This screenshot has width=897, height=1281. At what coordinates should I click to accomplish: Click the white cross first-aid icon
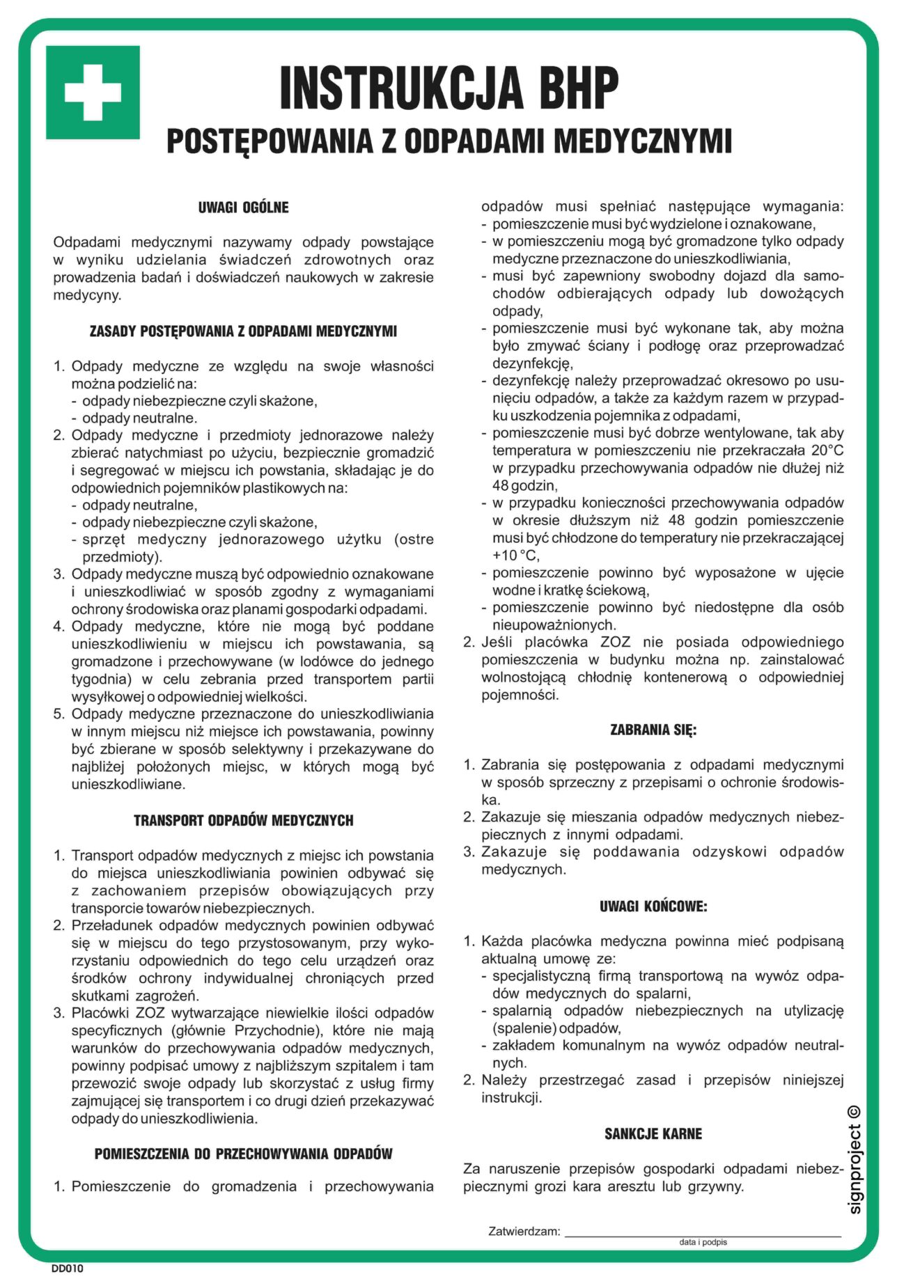click(x=93, y=93)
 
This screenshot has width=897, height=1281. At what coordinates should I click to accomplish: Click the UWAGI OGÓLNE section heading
click(x=243, y=207)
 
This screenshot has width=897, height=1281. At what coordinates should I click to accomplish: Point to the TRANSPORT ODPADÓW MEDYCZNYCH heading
click(x=243, y=821)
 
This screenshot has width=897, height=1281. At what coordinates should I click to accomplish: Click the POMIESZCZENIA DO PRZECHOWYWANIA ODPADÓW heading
click(x=243, y=1154)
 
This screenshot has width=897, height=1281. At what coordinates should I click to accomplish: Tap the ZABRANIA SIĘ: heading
click(x=653, y=730)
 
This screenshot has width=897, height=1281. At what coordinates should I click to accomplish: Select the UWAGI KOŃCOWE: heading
click(x=653, y=906)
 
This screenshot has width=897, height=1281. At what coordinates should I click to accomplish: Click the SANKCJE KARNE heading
click(x=653, y=1134)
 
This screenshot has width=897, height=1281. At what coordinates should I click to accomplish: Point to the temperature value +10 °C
click(x=515, y=556)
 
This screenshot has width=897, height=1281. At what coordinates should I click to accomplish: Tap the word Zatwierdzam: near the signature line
click(x=524, y=1232)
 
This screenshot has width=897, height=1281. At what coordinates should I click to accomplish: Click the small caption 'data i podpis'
click(x=703, y=1242)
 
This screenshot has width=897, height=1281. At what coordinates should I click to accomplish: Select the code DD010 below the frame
click(x=67, y=1268)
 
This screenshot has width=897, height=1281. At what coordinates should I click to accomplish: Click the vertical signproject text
click(x=855, y=1170)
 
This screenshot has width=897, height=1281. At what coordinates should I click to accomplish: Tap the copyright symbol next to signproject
click(x=855, y=1113)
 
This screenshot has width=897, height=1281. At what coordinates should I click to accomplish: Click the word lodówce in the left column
click(x=341, y=661)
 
